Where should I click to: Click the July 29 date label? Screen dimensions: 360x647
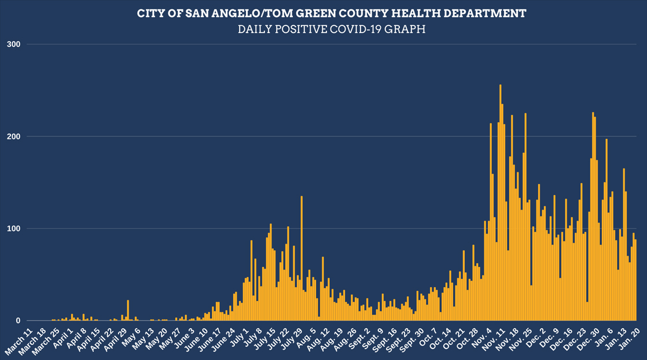292,338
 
